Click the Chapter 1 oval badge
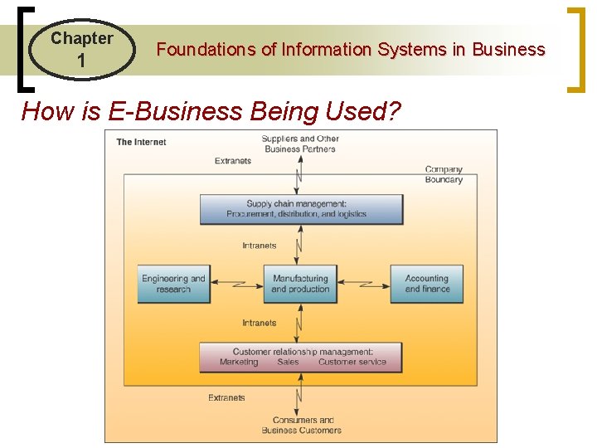click(x=81, y=49)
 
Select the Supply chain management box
click(x=301, y=209)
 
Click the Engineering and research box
click(x=173, y=284)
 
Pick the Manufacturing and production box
click(x=300, y=284)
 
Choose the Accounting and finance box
click(x=427, y=284)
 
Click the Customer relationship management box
click(x=301, y=357)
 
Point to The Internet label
click(x=141, y=142)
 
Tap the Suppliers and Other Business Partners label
click(x=300, y=144)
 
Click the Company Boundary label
click(x=444, y=174)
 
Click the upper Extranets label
click(x=232, y=161)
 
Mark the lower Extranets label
click(x=226, y=398)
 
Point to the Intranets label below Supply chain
click(x=260, y=246)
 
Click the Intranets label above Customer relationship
click(x=260, y=323)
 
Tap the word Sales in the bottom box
click(x=288, y=363)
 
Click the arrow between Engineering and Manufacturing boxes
click(x=236, y=284)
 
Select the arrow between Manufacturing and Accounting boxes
click(x=363, y=284)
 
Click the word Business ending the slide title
click(x=508, y=50)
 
